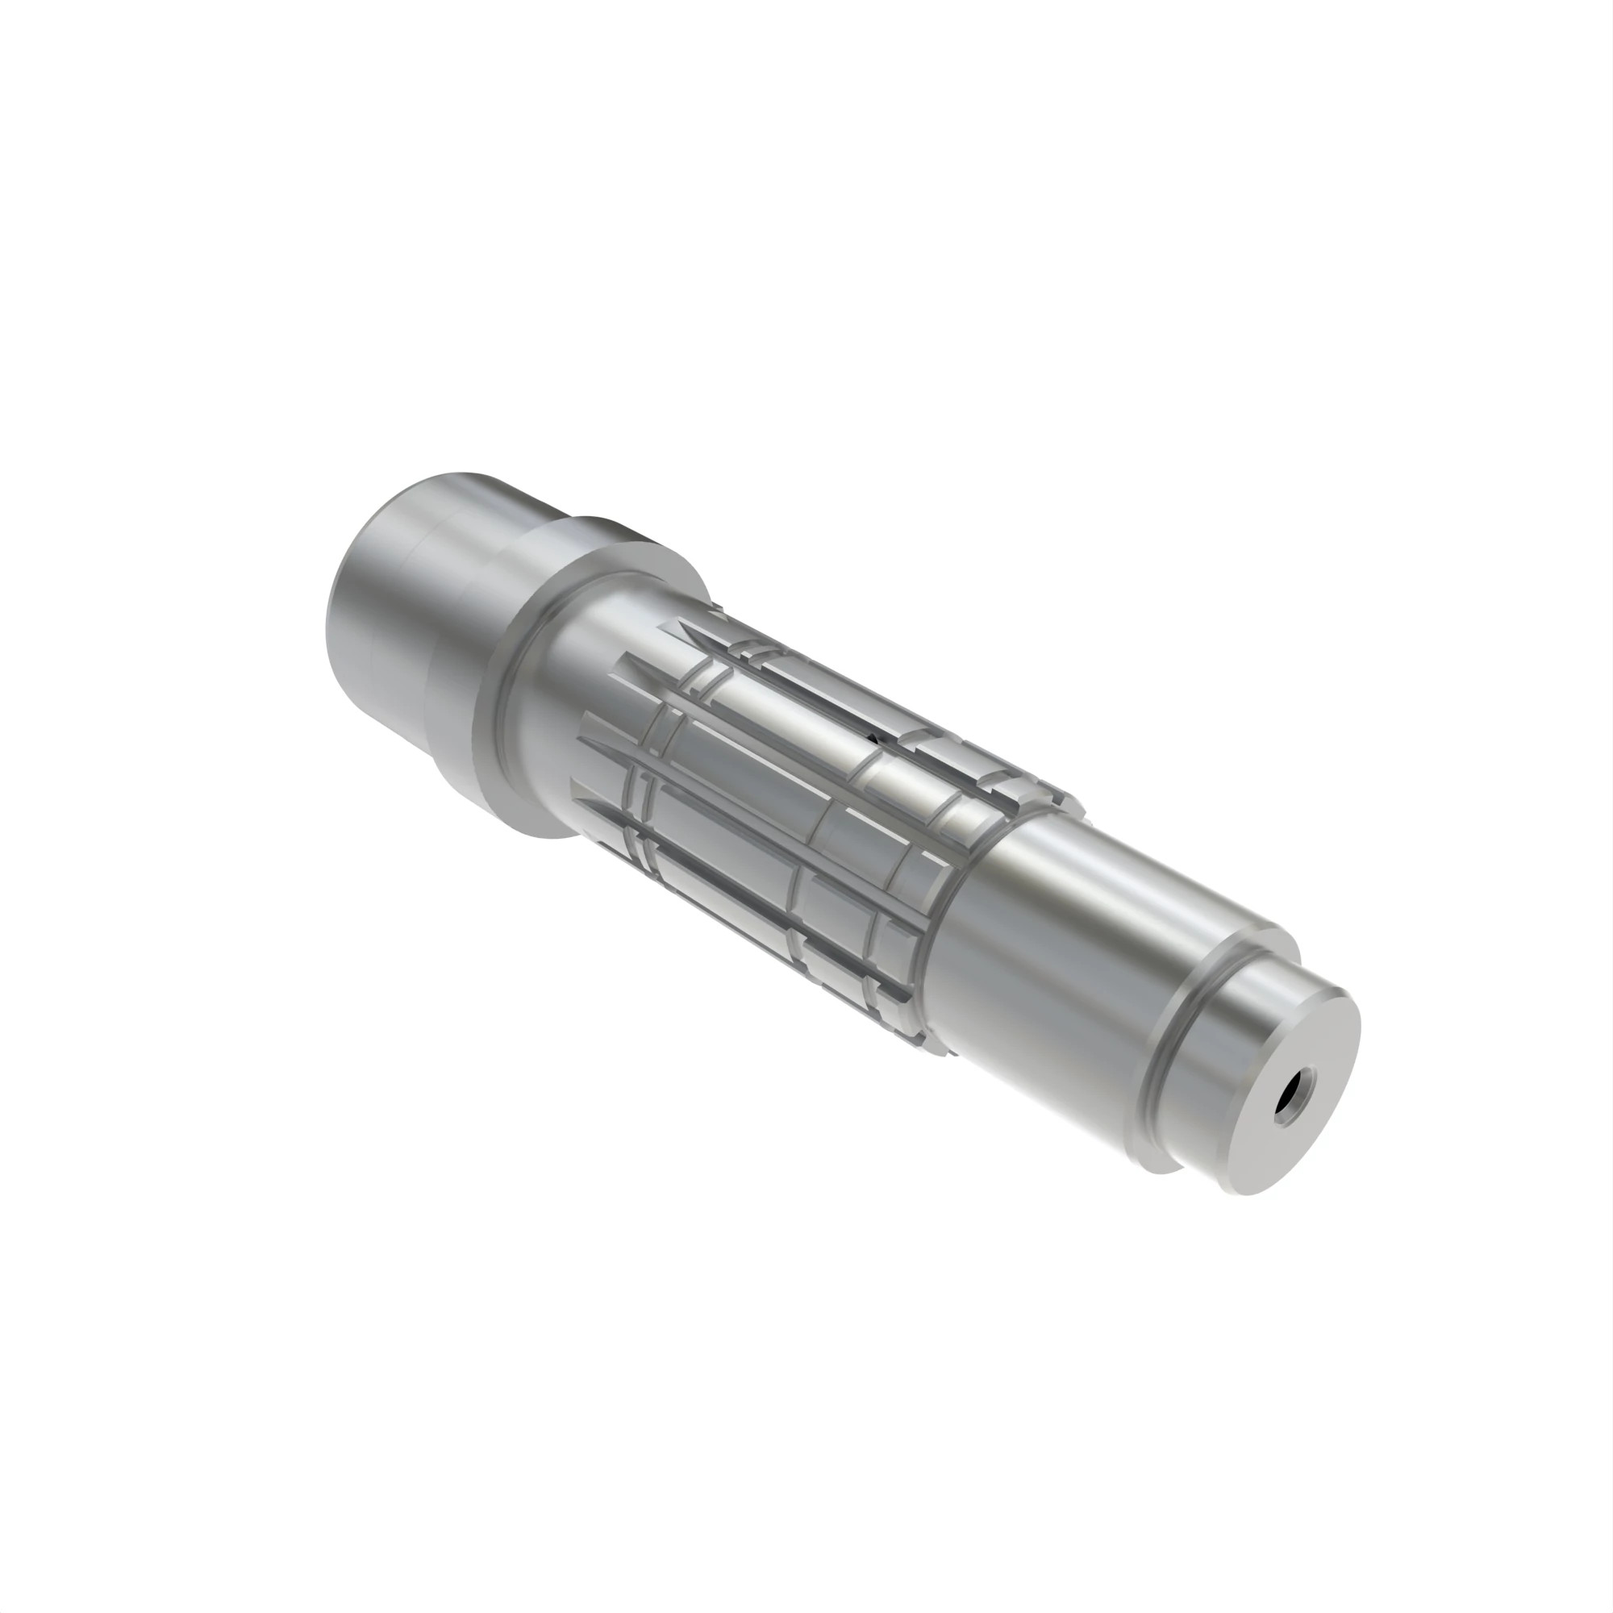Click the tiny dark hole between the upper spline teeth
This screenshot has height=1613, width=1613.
[871, 737]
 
